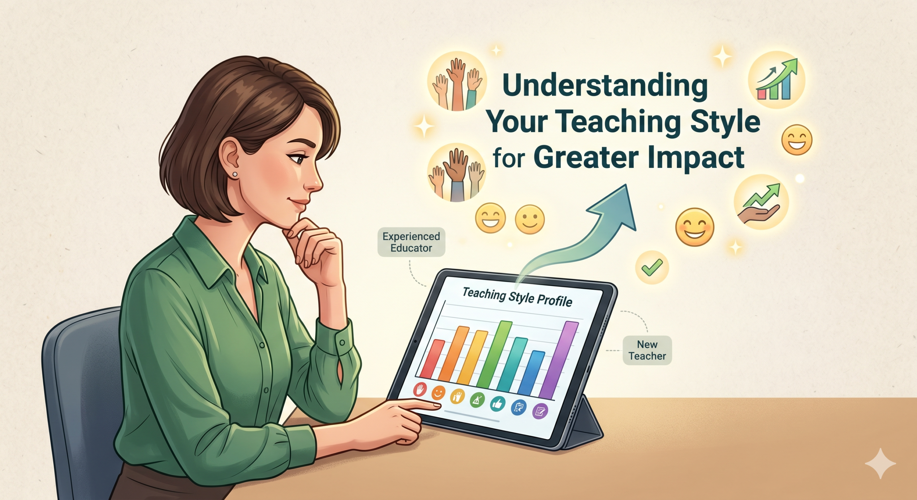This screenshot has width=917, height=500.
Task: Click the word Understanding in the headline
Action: (605, 86)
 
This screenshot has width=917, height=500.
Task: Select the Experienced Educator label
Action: (411, 242)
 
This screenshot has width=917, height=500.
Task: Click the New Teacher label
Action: (647, 350)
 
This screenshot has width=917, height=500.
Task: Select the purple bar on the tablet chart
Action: (559, 360)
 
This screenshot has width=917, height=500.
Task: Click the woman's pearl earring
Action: (235, 174)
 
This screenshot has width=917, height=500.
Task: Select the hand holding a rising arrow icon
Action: (761, 202)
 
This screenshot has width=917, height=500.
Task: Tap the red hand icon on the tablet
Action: (420, 389)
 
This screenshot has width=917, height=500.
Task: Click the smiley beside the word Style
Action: (797, 140)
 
